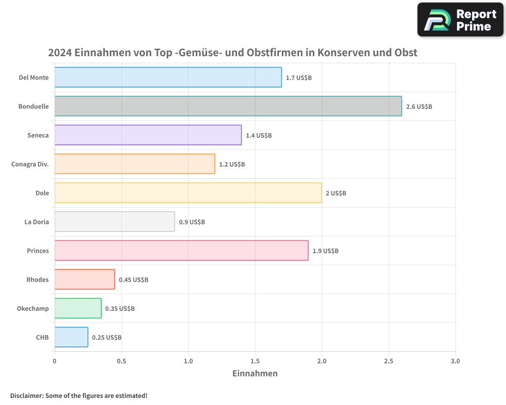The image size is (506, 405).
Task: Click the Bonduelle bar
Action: (228, 106)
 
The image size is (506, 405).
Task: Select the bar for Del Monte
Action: (168, 77)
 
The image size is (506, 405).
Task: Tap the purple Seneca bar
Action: (148, 135)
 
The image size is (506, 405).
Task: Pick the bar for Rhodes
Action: (85, 279)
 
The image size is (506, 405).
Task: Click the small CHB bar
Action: (71, 337)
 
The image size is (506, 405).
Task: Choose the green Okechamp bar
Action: (78, 308)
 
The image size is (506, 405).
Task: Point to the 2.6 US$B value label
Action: (419, 107)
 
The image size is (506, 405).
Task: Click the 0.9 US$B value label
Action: (192, 222)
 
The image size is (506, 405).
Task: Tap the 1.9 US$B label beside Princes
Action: (325, 251)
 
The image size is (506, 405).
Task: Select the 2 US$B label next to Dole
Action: (336, 193)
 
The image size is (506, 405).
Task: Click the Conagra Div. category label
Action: (30, 164)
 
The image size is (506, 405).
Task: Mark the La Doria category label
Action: (36, 222)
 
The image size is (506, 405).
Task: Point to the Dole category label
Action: (42, 193)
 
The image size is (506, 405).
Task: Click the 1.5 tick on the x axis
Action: (255, 361)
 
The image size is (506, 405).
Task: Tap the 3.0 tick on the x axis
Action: (455, 361)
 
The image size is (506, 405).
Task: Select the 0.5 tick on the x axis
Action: (121, 361)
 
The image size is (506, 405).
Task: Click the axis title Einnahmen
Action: (255, 374)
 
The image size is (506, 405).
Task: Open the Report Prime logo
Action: (460, 20)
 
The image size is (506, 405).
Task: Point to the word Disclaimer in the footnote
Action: (26, 395)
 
